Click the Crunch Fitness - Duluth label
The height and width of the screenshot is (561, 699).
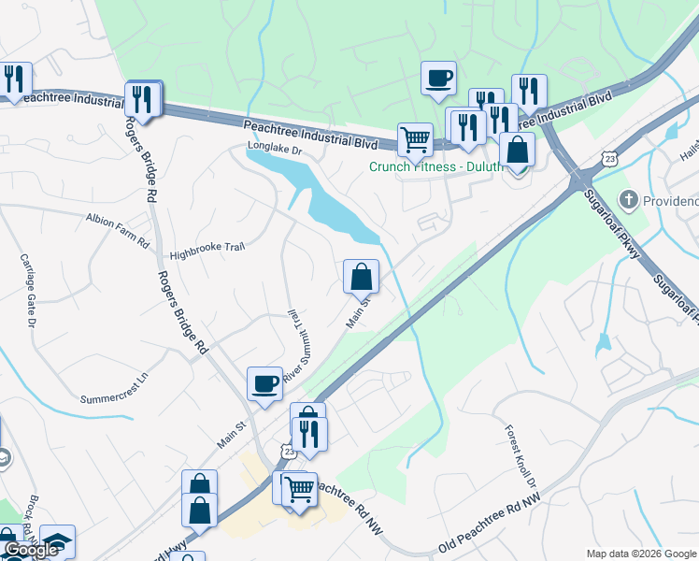pyautogui.click(x=435, y=167)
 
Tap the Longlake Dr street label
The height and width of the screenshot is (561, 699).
pyautogui.click(x=276, y=148)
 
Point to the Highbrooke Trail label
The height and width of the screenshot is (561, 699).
pyautogui.click(x=207, y=252)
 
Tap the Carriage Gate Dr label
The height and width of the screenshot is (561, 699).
pyautogui.click(x=27, y=291)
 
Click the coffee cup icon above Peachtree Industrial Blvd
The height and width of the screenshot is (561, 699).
pyautogui.click(x=438, y=78)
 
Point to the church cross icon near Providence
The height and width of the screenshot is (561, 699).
pyautogui.click(x=630, y=199)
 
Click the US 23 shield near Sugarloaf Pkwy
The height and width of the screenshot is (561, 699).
pyautogui.click(x=609, y=160)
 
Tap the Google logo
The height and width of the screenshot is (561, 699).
pyautogui.click(x=31, y=550)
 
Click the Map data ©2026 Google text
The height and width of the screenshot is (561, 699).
pyautogui.click(x=640, y=553)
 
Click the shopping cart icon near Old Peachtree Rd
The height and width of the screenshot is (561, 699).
pyautogui.click(x=298, y=487)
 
